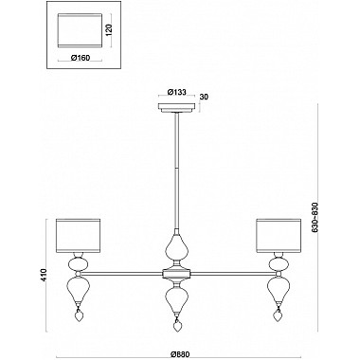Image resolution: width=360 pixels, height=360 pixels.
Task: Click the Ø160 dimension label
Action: (81, 58)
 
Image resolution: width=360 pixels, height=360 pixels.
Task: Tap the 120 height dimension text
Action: (109, 30)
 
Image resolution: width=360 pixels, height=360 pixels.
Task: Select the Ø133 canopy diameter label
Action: (176, 92)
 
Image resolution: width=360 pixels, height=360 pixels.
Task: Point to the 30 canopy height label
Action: (205, 97)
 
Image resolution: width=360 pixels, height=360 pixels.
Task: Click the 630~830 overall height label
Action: (315, 217)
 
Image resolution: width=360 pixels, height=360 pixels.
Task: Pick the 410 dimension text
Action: (44, 275)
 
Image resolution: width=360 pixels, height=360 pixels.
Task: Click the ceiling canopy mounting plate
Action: (177, 108)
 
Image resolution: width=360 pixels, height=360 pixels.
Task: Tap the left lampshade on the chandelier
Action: (78, 236)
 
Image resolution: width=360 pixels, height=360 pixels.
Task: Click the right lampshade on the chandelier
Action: (279, 236)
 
